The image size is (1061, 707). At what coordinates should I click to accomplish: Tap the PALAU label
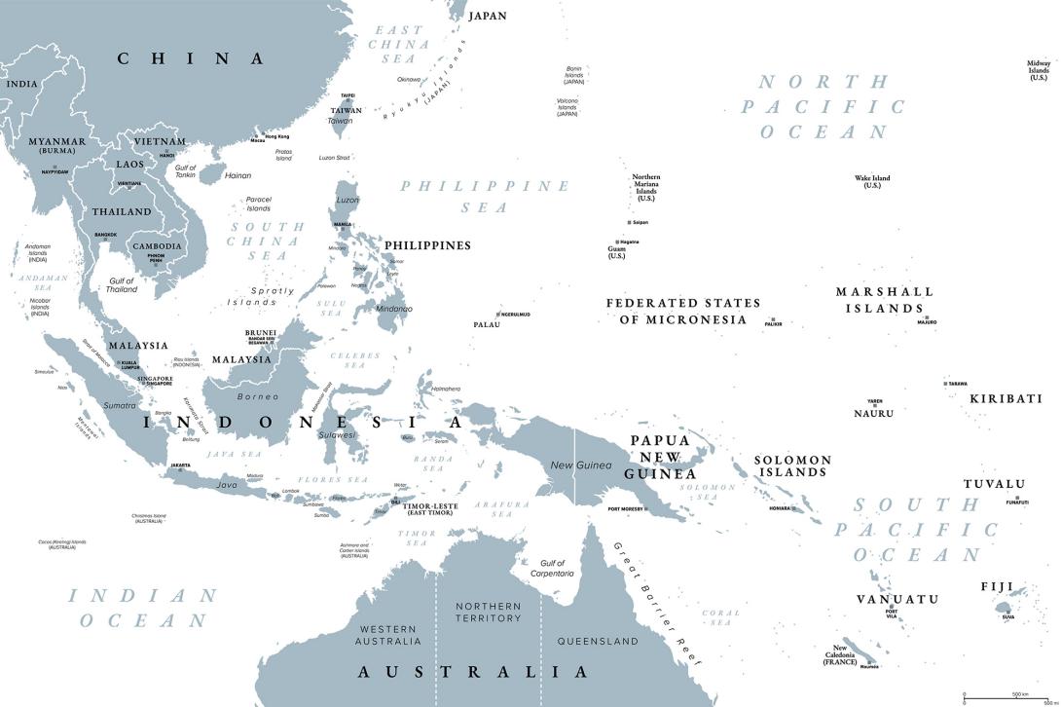click(x=487, y=324)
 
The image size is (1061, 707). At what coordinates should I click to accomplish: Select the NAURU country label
click(x=873, y=413)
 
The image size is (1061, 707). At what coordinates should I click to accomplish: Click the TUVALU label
click(x=994, y=484)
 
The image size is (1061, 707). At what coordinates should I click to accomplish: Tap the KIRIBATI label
click(x=1006, y=398)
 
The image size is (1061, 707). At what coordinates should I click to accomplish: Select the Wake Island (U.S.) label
click(x=872, y=181)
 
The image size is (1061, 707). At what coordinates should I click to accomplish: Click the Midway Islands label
click(x=1039, y=70)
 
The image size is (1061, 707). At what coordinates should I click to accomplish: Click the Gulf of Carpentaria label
click(x=551, y=568)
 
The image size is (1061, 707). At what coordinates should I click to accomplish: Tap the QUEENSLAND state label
click(x=598, y=641)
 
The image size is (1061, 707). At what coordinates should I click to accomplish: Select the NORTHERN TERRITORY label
click(x=489, y=613)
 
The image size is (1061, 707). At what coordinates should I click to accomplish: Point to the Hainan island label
click(x=238, y=176)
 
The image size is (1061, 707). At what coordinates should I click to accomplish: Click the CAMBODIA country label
click(x=156, y=246)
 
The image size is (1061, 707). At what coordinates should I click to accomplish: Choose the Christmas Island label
click(x=148, y=519)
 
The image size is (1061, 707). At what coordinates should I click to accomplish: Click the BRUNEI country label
click(x=260, y=332)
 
